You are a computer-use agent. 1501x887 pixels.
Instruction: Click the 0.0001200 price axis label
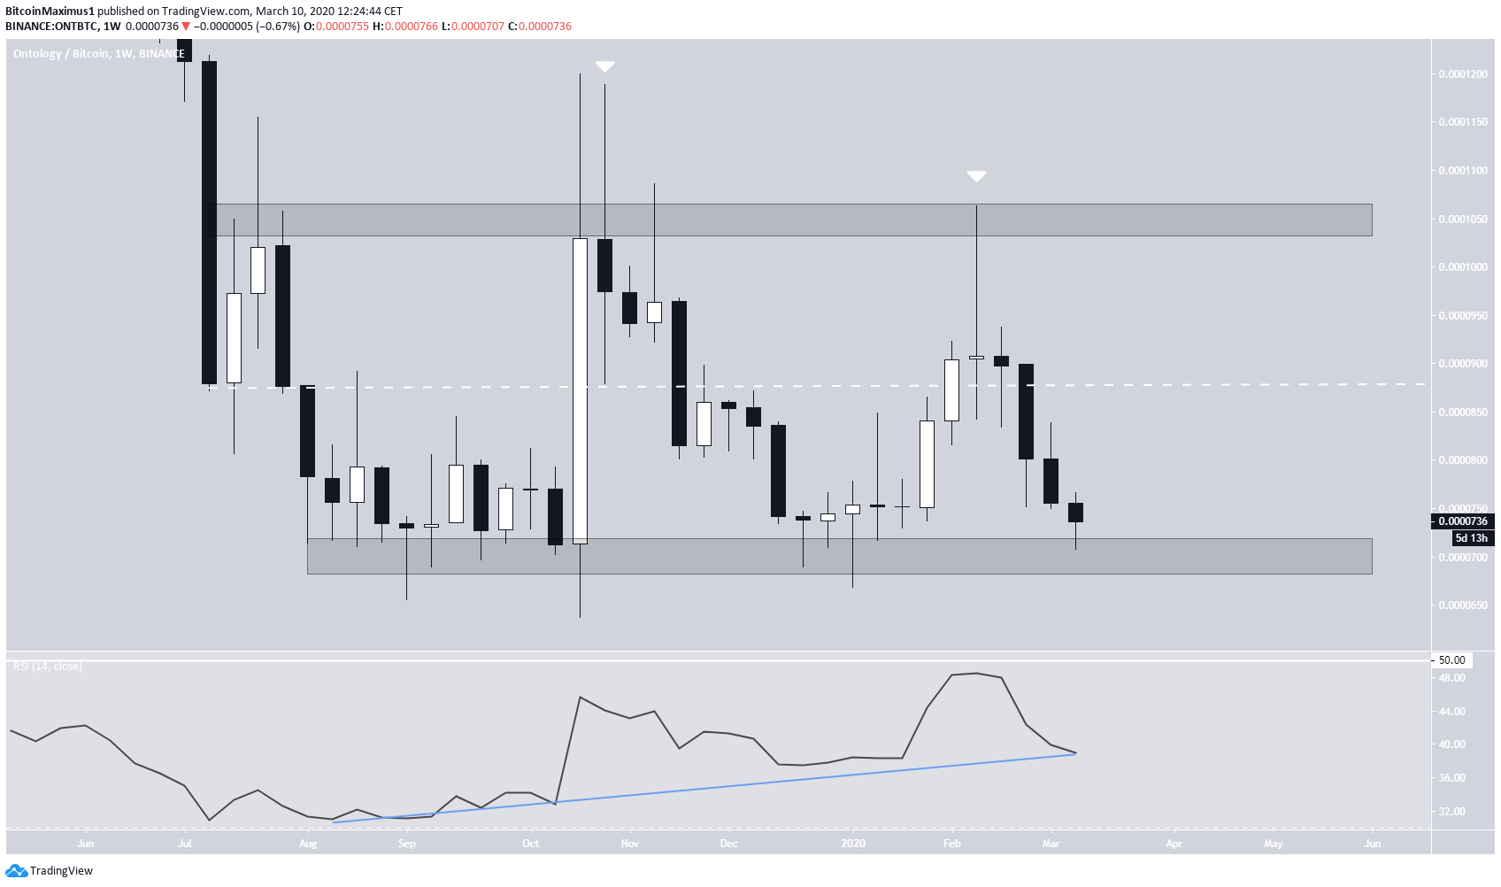(x=1462, y=74)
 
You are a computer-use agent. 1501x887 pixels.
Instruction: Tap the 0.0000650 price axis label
(x=1462, y=605)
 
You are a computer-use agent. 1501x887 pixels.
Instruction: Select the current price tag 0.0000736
(x=1462, y=521)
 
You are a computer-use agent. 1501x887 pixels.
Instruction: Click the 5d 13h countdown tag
(x=1471, y=538)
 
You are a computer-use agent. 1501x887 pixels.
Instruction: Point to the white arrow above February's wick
(x=976, y=176)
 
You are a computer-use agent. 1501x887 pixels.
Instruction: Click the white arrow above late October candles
(x=604, y=66)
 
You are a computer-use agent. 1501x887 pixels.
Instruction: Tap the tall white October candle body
(x=580, y=390)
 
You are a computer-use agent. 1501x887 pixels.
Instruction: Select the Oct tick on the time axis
(x=530, y=844)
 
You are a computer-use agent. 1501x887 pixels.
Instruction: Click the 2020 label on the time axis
(x=852, y=844)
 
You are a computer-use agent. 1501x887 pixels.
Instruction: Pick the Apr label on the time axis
(x=1174, y=844)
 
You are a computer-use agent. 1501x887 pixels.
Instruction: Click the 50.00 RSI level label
(x=1451, y=660)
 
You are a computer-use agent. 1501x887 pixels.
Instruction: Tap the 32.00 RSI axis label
(x=1451, y=812)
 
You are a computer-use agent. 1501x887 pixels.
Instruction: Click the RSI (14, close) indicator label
(x=48, y=667)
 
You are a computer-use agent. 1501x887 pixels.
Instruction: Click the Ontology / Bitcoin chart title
(x=97, y=54)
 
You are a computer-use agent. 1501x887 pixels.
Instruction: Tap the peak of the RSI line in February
(x=976, y=674)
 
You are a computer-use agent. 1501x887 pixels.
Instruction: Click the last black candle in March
(x=1075, y=513)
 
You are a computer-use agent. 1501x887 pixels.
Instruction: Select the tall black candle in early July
(x=209, y=221)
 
